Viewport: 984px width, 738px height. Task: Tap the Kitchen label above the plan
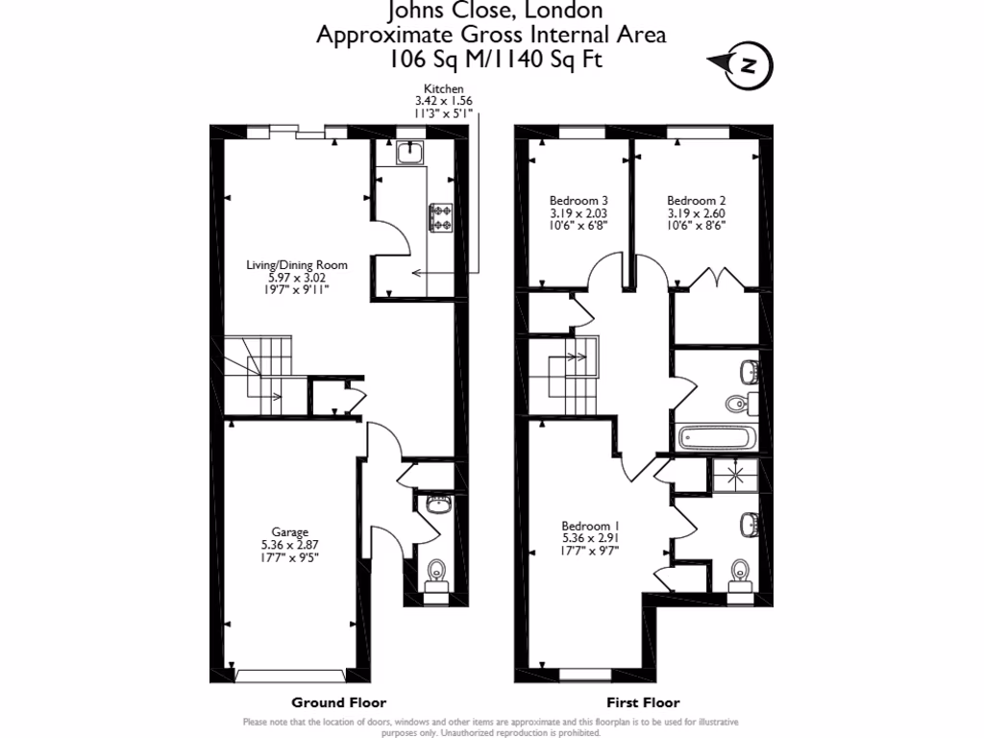(443, 88)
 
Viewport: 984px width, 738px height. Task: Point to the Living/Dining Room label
(296, 265)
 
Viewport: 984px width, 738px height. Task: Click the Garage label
(289, 531)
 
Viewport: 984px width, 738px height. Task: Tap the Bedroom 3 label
(578, 201)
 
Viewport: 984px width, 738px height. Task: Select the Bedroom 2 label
(696, 201)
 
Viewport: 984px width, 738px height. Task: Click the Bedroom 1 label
(591, 526)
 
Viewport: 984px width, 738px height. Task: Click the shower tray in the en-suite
(735, 474)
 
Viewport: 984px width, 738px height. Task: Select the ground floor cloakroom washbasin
(438, 504)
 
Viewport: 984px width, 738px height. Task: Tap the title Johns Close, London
(495, 12)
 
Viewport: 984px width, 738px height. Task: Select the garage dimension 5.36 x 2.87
(289, 544)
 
